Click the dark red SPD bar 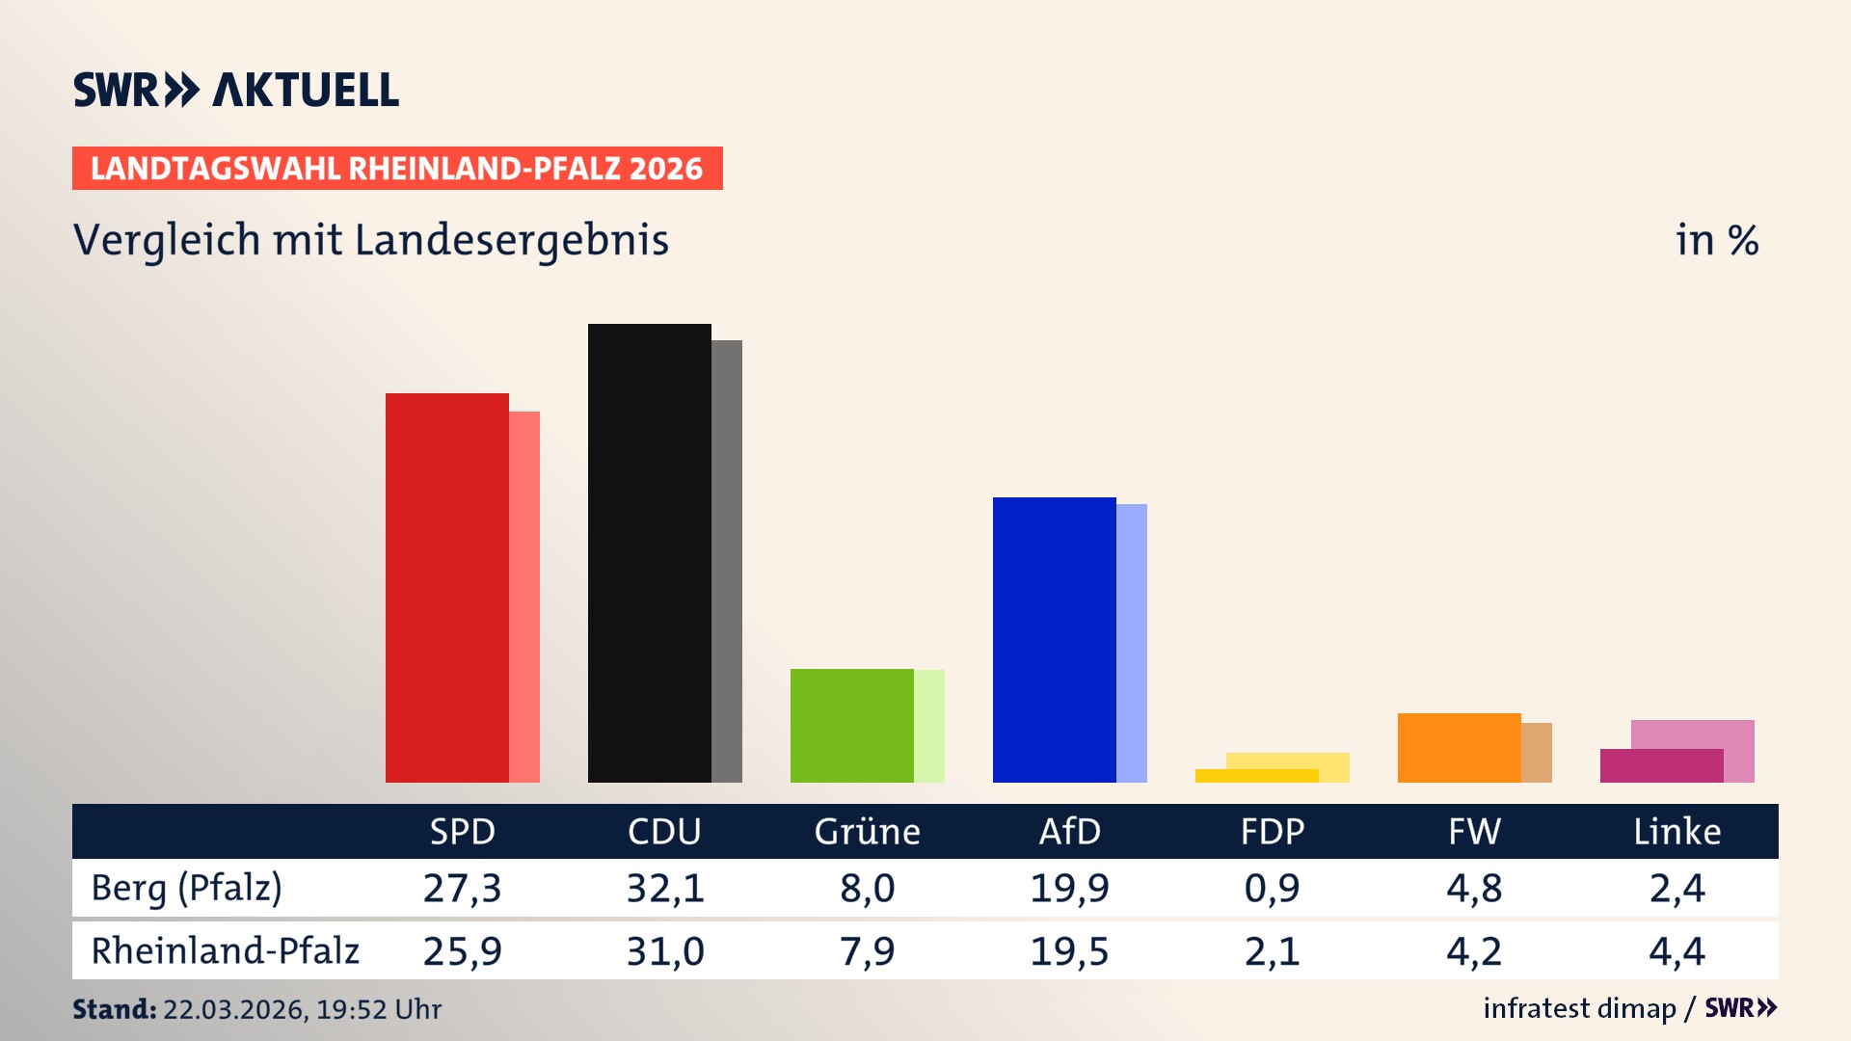pos(446,588)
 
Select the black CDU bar pos(649,553)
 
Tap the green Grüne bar pos(851,726)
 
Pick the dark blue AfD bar pos(1054,640)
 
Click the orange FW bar pos(1459,748)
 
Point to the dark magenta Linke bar pos(1661,766)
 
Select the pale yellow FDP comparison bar pos(1288,761)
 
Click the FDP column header pos(1272,832)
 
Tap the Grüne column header pos(867,832)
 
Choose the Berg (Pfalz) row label pos(186,888)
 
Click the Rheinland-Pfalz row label pos(225,951)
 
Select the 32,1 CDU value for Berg pos(665,888)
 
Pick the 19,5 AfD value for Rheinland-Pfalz pos(1069,951)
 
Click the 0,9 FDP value pos(1272,888)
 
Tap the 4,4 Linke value pos(1677,951)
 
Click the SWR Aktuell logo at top pos(236,90)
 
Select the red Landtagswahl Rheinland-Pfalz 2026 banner pos(397,169)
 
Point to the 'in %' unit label pos(1717,240)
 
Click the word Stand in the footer pos(114,1009)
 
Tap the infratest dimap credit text pos(1579,1008)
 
